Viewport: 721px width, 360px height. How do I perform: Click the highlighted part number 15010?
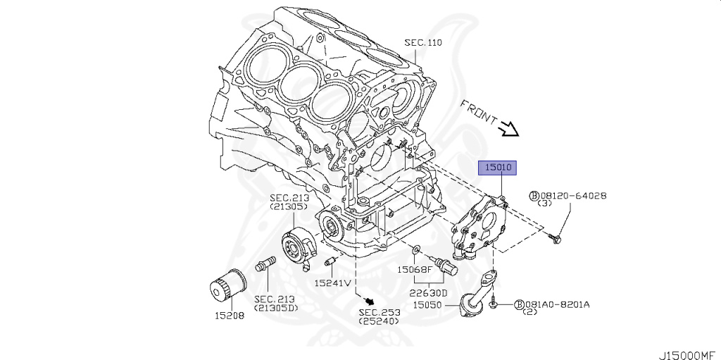[499, 168]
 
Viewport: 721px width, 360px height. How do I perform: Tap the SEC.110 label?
[422, 43]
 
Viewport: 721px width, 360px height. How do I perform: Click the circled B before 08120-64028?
[534, 196]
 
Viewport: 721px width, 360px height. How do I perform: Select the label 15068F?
[414, 269]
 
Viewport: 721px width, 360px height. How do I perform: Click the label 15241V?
[332, 283]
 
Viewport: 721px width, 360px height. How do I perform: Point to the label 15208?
[230, 316]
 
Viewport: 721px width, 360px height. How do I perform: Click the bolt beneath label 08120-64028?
[556, 240]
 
